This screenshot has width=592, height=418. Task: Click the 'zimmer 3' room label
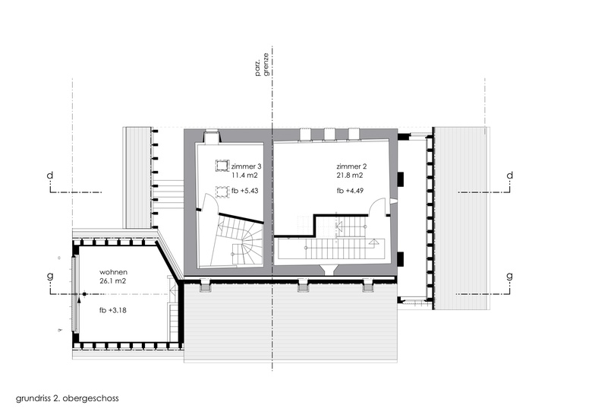[246, 166]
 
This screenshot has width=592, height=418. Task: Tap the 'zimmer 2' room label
[351, 166]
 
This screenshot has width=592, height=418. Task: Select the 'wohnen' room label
[113, 272]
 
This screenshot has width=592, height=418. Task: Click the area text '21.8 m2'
[350, 176]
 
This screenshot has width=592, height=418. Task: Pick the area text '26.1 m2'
[113, 281]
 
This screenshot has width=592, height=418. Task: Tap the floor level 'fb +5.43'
[244, 191]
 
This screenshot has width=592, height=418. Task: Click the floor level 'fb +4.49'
[350, 191]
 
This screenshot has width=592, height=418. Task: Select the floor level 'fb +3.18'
[113, 310]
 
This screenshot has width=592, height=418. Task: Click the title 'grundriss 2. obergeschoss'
[68, 398]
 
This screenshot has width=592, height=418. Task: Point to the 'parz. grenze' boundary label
[263, 65]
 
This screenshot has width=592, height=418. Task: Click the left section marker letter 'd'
[50, 175]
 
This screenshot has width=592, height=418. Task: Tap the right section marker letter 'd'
[510, 175]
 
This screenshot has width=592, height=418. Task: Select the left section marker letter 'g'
[50, 277]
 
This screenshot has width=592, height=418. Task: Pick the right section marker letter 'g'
[510, 277]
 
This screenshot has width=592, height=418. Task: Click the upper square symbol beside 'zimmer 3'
[222, 166]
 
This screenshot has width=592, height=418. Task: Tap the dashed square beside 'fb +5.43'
[222, 192]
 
